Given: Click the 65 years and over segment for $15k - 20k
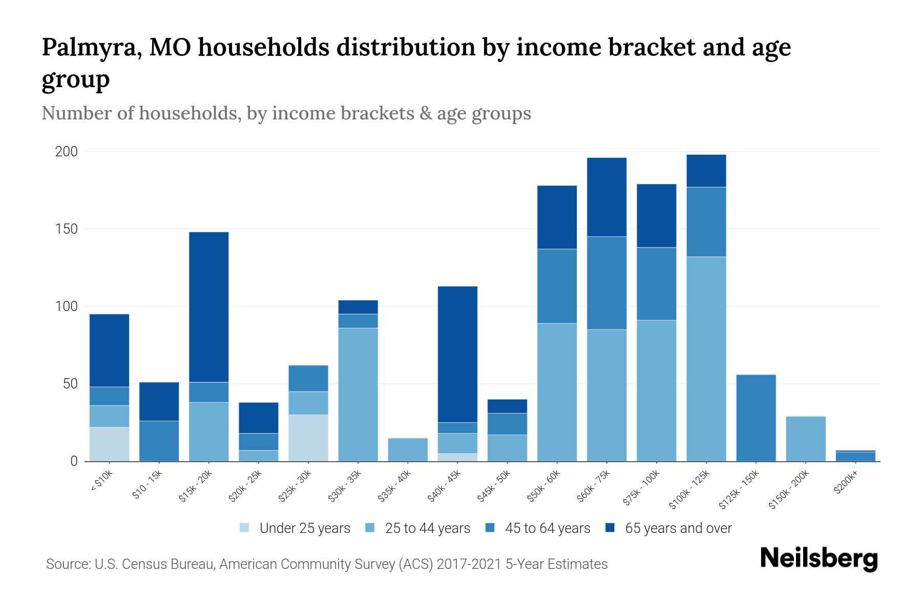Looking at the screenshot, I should pos(209,307).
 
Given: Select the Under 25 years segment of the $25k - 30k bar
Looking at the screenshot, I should pos(308,438).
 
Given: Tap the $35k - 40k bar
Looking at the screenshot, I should pos(408,449).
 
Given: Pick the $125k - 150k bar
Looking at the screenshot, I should pos(756,418).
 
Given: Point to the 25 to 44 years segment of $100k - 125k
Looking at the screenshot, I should pos(706,359).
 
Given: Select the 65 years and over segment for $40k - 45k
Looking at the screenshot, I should pos(457,354).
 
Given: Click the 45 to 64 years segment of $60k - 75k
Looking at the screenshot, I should pos(607,283).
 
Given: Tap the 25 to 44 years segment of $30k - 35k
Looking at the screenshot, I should pos(358,395).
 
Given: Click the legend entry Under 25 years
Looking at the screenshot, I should pos(304,528).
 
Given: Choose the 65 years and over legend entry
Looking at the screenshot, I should pos(678,528).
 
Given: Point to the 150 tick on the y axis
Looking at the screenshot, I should pos(67,229).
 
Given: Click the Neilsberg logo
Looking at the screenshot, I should pos(819,559).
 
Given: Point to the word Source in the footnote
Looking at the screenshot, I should pos(67,564).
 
